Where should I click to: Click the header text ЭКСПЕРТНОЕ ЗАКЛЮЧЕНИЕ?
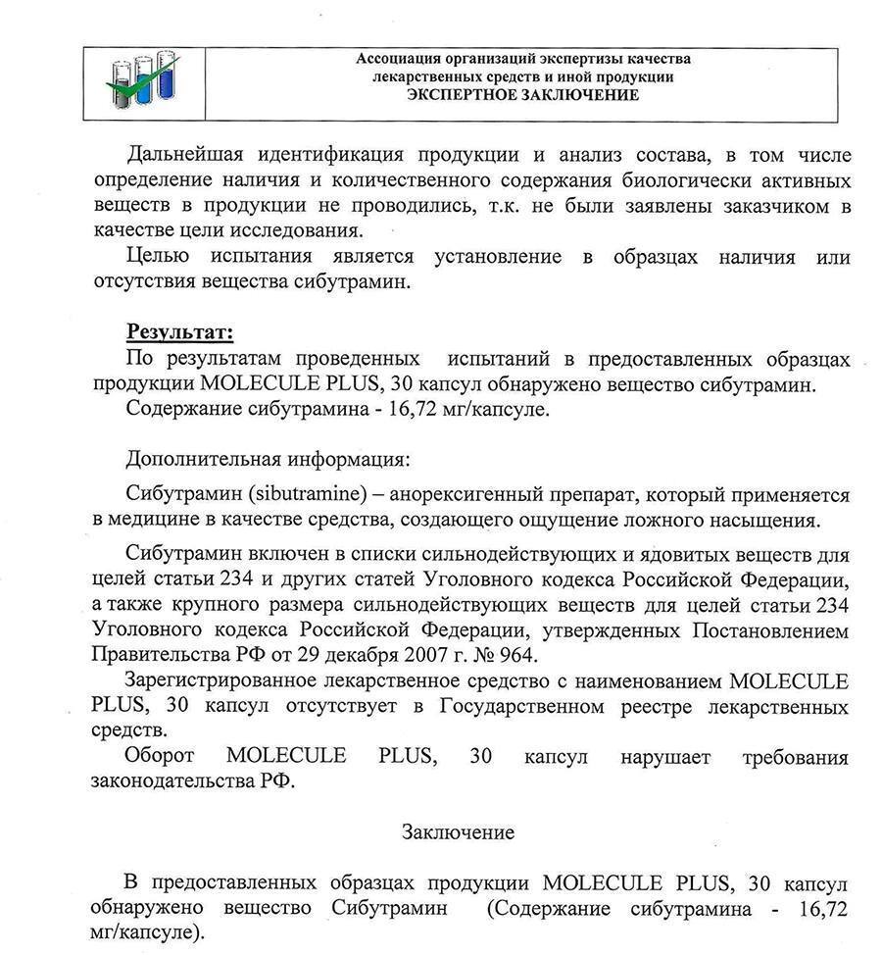(523, 95)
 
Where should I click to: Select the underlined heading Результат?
(179, 332)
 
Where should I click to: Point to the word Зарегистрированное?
(221, 681)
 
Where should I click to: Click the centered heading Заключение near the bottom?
(458, 832)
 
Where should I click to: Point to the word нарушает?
(666, 757)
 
